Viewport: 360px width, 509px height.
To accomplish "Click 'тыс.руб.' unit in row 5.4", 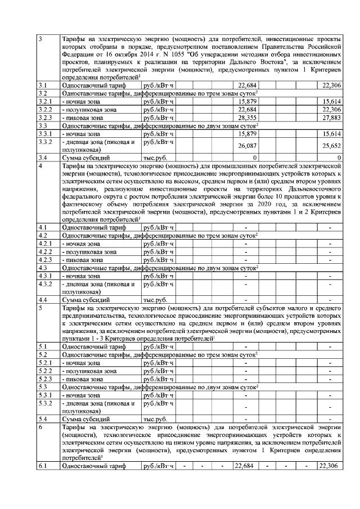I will [x=156, y=419].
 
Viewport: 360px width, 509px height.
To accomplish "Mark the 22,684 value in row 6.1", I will [x=246, y=466].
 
